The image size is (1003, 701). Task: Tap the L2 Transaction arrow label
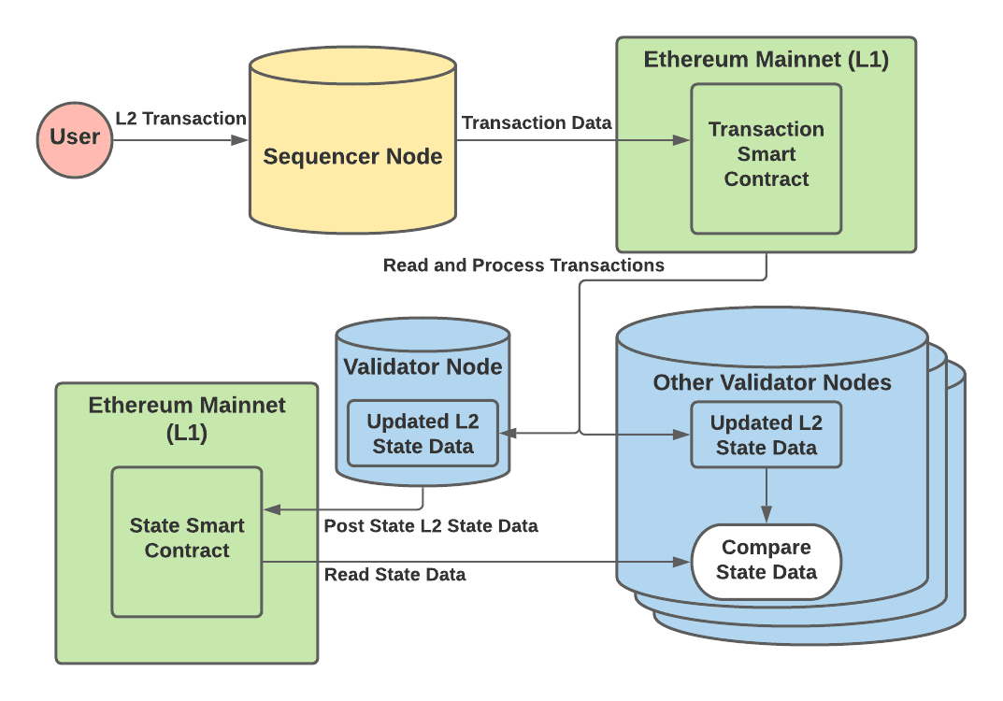[180, 119]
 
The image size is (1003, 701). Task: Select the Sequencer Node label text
[352, 156]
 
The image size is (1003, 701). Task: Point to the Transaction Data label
[537, 122]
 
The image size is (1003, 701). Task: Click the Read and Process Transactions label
[523, 265]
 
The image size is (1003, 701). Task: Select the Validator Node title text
[423, 366]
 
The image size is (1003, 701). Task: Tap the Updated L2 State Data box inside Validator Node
[423, 434]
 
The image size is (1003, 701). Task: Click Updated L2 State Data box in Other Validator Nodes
[766, 435]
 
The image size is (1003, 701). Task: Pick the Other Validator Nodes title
[772, 382]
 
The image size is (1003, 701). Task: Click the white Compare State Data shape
[766, 561]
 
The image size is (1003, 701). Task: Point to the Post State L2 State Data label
[431, 526]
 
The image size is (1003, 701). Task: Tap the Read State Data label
[394, 575]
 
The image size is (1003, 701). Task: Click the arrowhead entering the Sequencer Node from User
[240, 140]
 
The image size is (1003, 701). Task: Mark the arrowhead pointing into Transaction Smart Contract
[682, 140]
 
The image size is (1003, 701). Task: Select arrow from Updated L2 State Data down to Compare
[767, 495]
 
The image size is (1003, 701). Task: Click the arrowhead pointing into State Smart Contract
[272, 509]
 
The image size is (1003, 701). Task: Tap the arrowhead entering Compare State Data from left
[682, 562]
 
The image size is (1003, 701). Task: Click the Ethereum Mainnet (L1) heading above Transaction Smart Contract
[766, 61]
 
